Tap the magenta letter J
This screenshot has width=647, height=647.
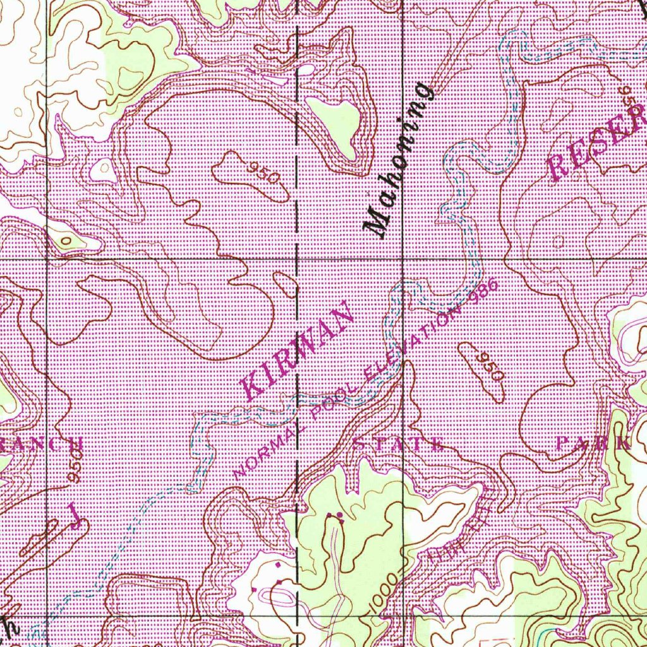pyautogui.click(x=75, y=514)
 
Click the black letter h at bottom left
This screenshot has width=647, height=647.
pyautogui.click(x=9, y=627)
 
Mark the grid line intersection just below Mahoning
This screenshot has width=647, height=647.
pyautogui.click(x=404, y=259)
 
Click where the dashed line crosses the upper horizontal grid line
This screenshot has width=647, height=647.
pyautogui.click(x=297, y=259)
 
